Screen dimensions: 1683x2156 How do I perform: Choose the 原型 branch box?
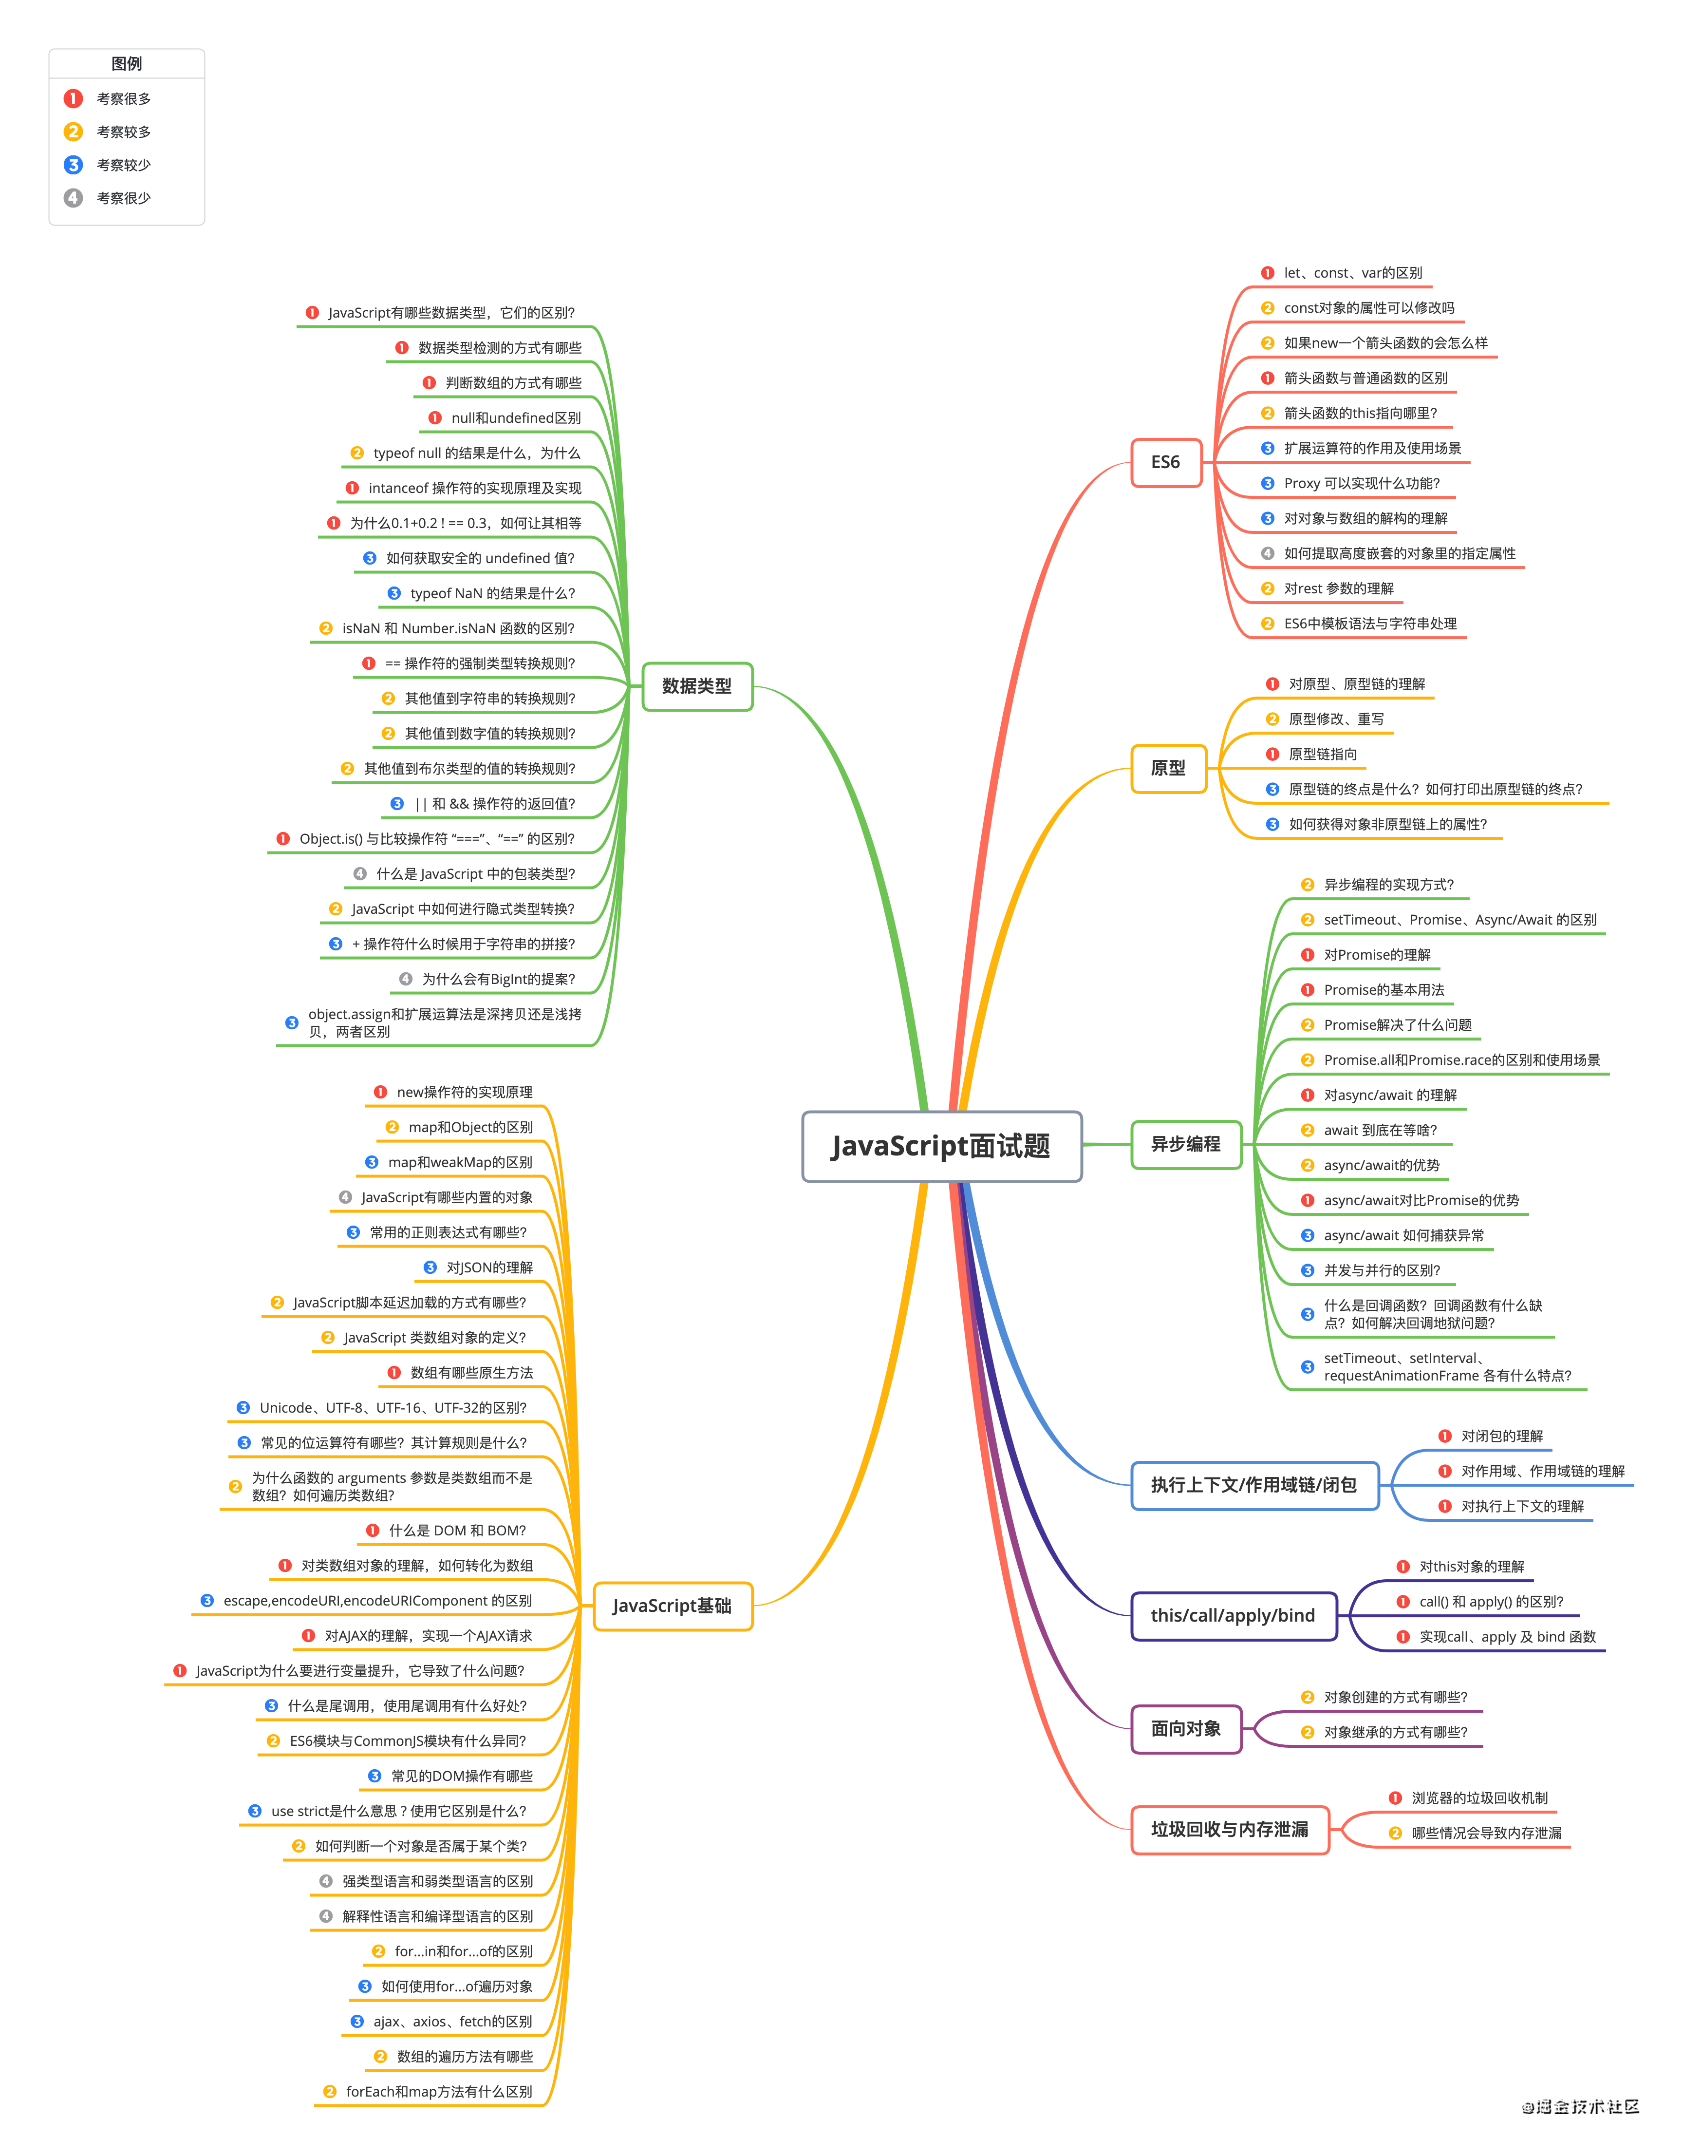click(x=1169, y=768)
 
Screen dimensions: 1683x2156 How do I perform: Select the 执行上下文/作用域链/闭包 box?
click(x=1253, y=1486)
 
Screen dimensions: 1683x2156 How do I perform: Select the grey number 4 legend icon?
click(x=73, y=198)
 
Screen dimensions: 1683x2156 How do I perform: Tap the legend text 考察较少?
click(x=123, y=165)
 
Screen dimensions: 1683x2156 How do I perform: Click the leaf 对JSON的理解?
click(x=489, y=1267)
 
